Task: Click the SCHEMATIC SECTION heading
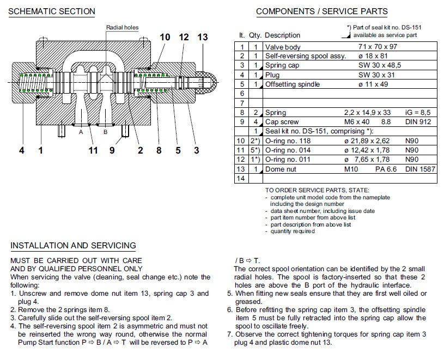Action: [x=52, y=11]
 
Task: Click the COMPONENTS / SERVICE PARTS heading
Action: [x=321, y=11]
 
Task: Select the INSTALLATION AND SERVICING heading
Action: [x=73, y=246]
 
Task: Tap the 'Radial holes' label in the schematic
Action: [x=122, y=28]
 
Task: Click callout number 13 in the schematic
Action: [x=203, y=37]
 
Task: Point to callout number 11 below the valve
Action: [x=93, y=150]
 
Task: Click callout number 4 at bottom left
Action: [x=22, y=150]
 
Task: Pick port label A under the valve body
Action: [x=81, y=132]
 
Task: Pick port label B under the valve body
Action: [x=106, y=132]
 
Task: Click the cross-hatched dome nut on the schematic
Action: [x=208, y=82]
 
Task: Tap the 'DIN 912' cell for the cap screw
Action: [x=418, y=122]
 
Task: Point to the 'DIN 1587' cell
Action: [x=420, y=169]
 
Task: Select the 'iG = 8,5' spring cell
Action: [x=418, y=113]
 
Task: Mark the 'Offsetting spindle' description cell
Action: [x=292, y=84]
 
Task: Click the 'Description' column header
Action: [x=282, y=35]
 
